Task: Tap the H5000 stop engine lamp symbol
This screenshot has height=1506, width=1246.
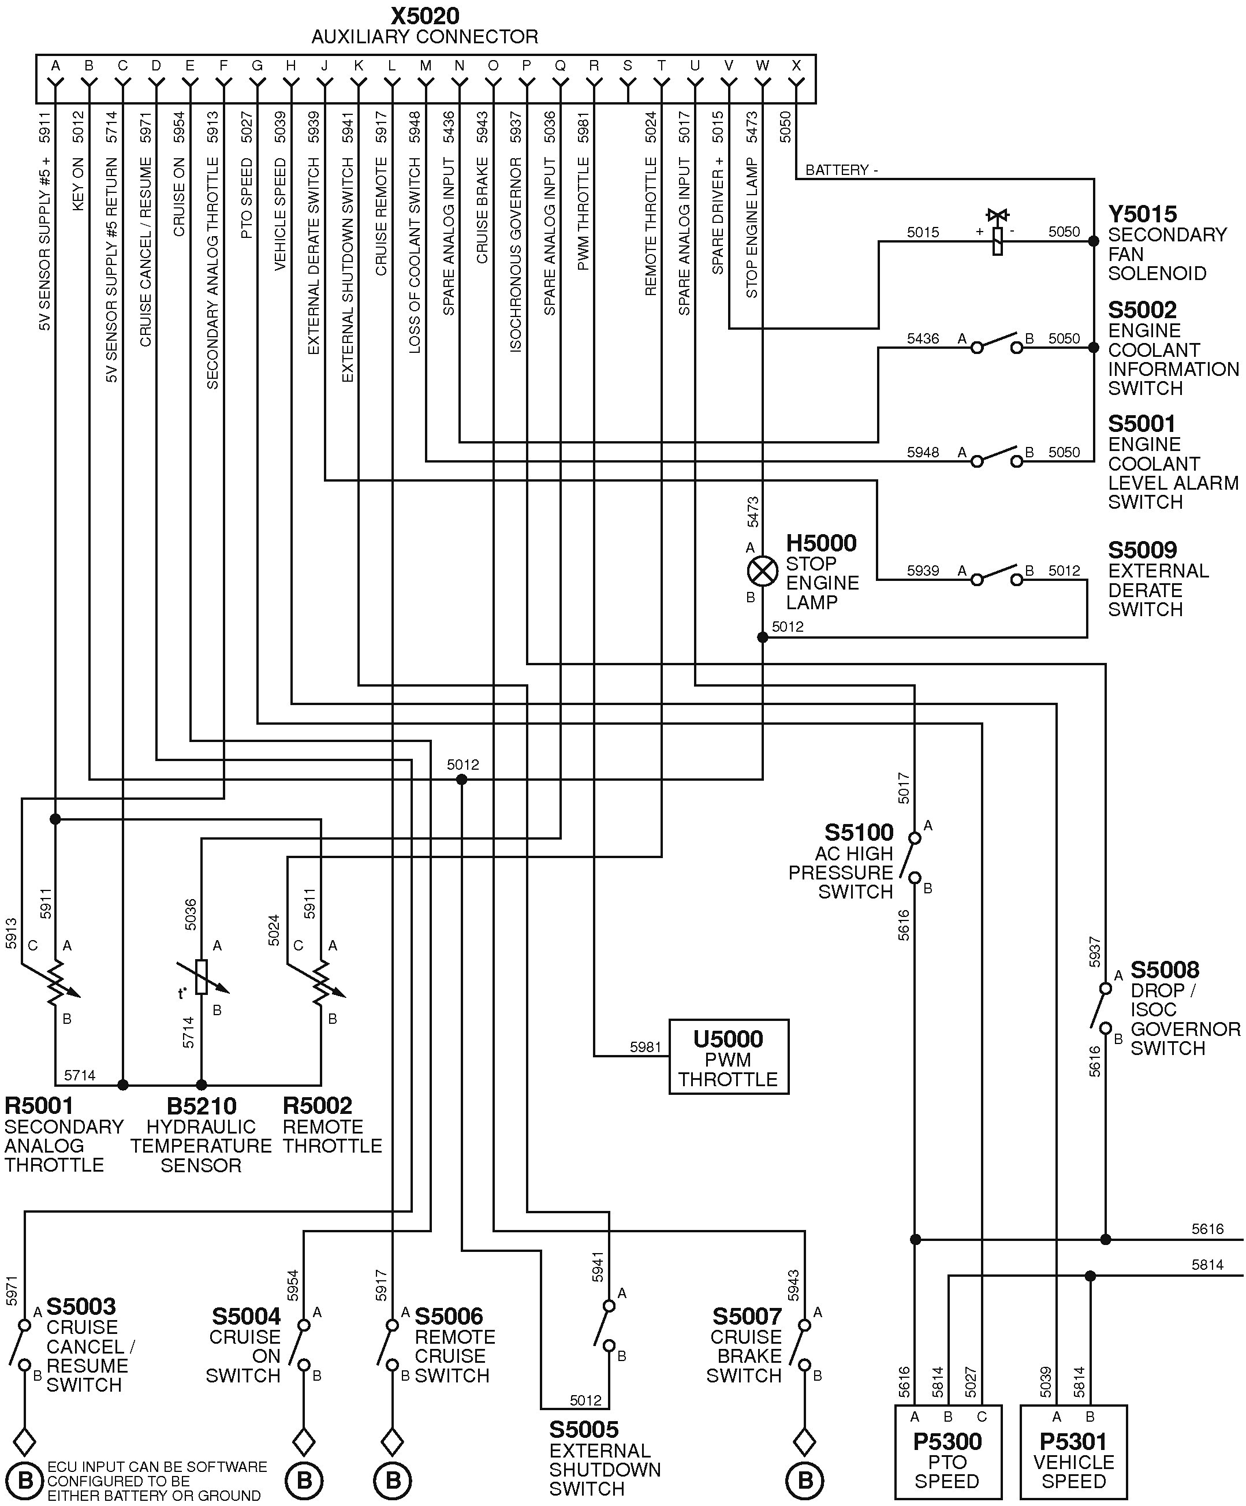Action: tap(762, 572)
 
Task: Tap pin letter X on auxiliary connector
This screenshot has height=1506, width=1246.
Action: tap(796, 66)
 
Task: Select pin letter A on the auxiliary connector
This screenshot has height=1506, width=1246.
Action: tap(55, 66)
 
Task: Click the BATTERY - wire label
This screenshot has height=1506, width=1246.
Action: tap(841, 170)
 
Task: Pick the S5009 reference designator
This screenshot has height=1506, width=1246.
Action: tap(1142, 550)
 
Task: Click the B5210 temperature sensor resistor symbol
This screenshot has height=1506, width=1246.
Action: tap(202, 976)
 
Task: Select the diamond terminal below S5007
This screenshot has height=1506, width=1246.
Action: tap(804, 1441)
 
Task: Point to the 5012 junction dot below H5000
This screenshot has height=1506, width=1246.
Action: tap(762, 637)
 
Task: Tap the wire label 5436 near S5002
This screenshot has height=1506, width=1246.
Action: tap(923, 338)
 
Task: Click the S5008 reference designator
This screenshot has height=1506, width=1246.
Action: tap(1164, 970)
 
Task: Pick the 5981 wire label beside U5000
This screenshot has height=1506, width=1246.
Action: tap(645, 1047)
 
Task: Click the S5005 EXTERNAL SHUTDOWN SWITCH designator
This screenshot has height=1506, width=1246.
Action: tap(584, 1429)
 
